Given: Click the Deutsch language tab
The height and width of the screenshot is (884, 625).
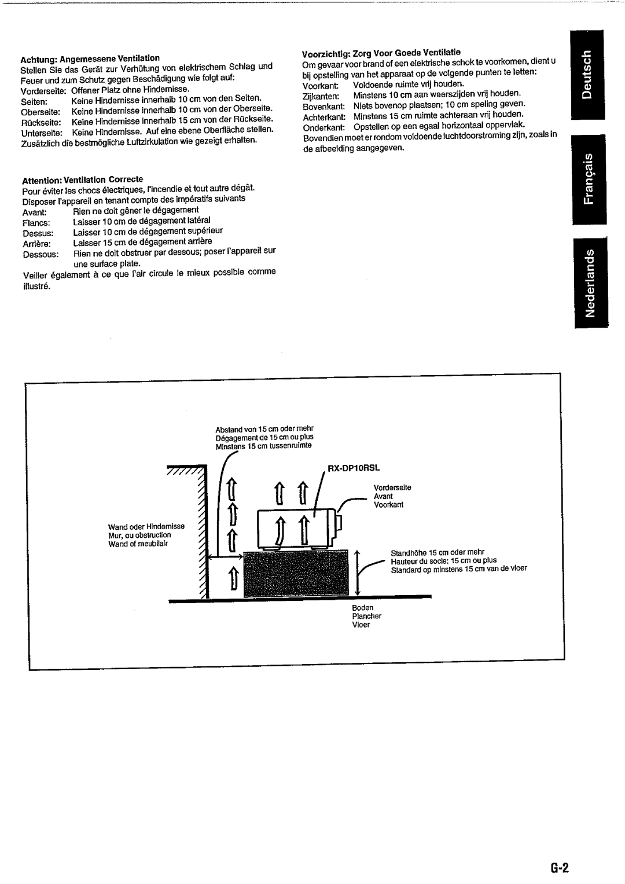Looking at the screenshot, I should click(587, 75).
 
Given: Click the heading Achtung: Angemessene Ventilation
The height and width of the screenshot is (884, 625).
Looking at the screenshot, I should click(90, 58).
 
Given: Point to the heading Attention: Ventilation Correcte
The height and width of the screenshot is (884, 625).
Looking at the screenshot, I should click(82, 179).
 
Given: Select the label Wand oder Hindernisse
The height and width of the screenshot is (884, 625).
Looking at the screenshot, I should click(146, 527).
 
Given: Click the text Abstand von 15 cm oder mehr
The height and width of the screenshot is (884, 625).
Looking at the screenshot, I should click(264, 429).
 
